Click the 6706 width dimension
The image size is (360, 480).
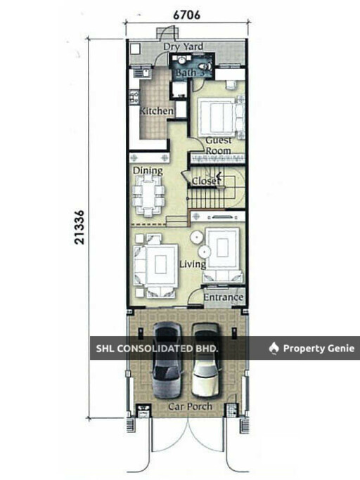click(x=186, y=15)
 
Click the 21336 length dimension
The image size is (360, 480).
click(x=79, y=227)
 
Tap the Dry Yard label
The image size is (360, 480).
click(x=183, y=46)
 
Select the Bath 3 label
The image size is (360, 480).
click(x=190, y=73)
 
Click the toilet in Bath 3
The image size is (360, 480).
click(x=205, y=65)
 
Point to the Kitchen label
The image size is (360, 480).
click(x=156, y=111)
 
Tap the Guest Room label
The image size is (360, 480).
click(x=219, y=145)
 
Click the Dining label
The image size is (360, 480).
click(x=148, y=171)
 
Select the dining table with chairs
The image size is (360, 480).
click(x=148, y=195)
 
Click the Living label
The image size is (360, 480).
click(x=193, y=264)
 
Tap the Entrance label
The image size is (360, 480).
click(x=224, y=297)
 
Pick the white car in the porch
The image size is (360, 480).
click(x=206, y=360)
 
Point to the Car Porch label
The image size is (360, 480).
click(x=191, y=406)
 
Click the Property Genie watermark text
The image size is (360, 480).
click(x=319, y=349)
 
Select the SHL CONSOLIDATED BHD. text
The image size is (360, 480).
click(x=157, y=349)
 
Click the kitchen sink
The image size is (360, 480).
click(x=143, y=72)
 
